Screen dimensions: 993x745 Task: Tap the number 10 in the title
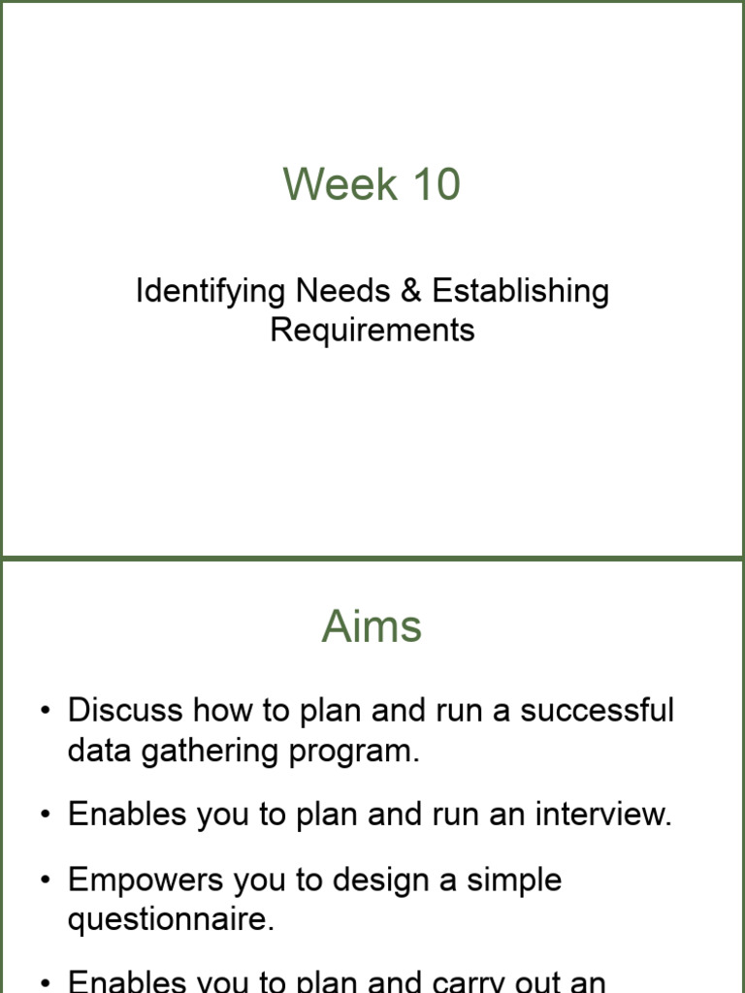[x=435, y=184]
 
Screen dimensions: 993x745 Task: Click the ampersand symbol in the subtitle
[x=411, y=291]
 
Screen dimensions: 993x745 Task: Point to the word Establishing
[x=521, y=292]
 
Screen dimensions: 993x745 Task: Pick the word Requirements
[x=372, y=330]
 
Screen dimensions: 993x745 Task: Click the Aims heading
[x=372, y=627]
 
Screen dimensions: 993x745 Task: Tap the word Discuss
[x=125, y=710]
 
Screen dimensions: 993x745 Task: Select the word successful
[x=597, y=710]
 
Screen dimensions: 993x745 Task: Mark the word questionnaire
[x=171, y=919]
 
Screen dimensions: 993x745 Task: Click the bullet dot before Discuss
[x=45, y=712]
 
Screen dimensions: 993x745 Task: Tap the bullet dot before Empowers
[x=45, y=881]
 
